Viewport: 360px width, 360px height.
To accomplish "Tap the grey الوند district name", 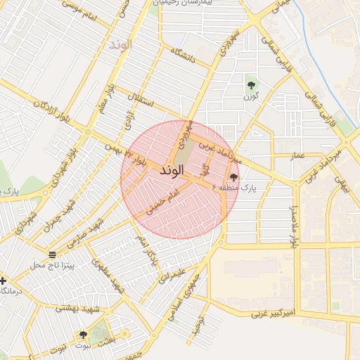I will click(x=120, y=44).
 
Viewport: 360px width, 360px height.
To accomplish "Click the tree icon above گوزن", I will click(x=251, y=86).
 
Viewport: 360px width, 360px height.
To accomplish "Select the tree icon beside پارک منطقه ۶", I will click(x=233, y=177).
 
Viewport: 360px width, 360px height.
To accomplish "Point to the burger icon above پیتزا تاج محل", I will click(x=53, y=253).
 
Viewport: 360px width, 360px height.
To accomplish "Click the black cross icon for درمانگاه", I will click(x=4, y=280).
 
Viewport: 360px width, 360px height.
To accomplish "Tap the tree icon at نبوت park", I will click(x=83, y=335).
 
